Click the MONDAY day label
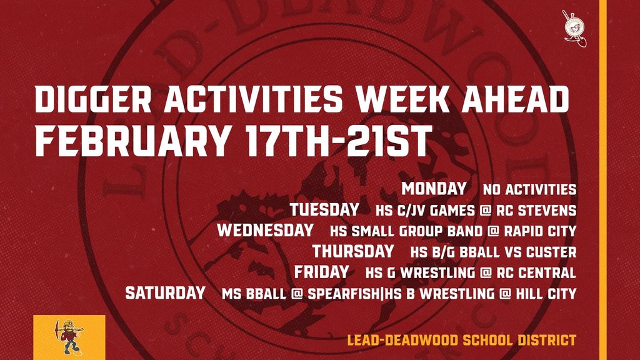pos(434,188)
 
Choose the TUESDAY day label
pos(324,209)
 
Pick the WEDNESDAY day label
pos(265,230)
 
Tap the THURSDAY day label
pos(353,251)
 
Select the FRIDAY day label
pos(321,272)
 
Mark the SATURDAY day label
pos(165,292)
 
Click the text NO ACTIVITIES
pos(529,189)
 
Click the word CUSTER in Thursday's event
pos(552,252)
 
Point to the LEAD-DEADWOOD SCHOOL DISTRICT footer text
pos(461,341)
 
